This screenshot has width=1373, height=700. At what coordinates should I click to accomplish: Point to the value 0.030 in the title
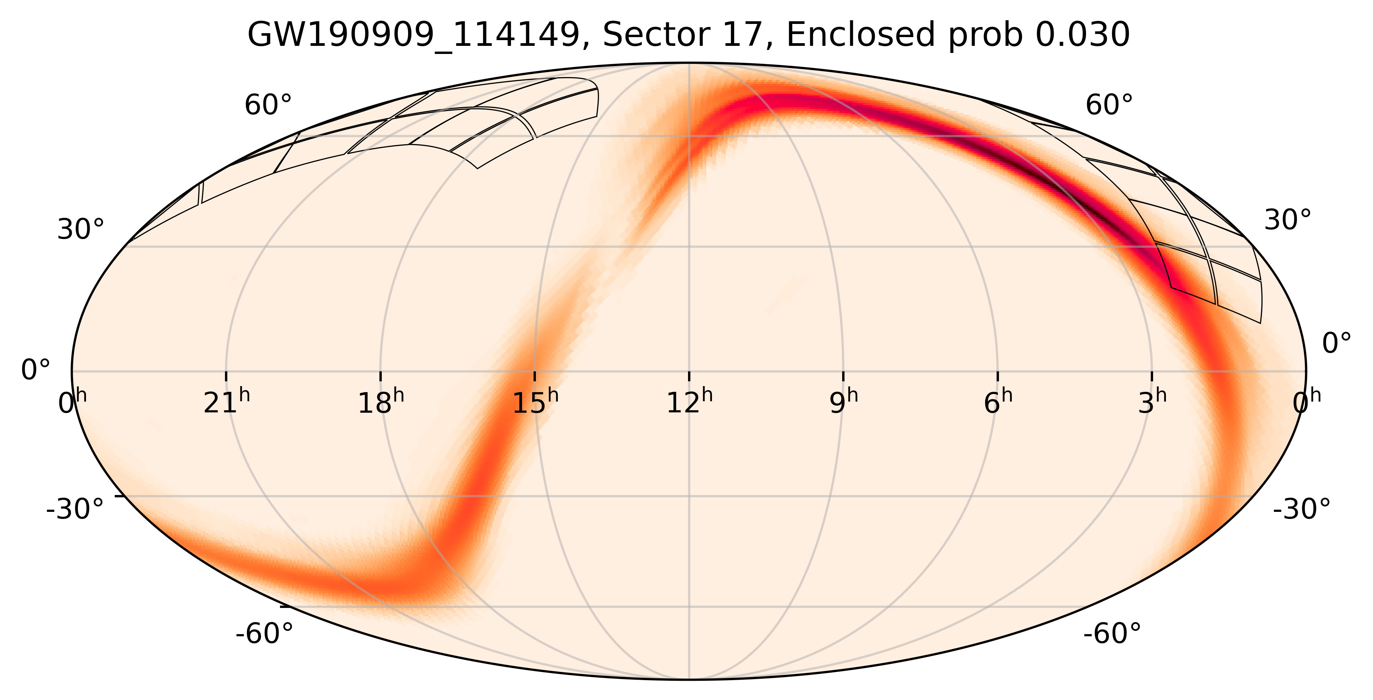point(1079,36)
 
